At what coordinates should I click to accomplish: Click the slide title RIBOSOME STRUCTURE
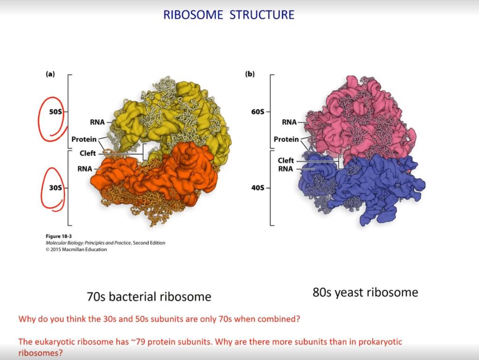coord(229,15)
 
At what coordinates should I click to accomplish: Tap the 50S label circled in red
coord(55,112)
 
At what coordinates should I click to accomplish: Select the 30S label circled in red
coord(55,188)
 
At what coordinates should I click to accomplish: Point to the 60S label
coord(258,112)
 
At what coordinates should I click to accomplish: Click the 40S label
coord(258,188)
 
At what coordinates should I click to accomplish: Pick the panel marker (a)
coord(50,74)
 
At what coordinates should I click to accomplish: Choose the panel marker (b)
coord(250,74)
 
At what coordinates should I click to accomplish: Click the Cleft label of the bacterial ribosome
coord(87,153)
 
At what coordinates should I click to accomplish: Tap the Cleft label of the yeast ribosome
coord(286,161)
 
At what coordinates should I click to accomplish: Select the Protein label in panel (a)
coord(84,140)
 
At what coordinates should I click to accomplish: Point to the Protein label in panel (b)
coord(286,140)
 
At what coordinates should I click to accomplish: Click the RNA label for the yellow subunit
coord(97,122)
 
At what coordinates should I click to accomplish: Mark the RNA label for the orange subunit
coord(85,169)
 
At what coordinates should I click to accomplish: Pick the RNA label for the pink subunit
coord(289,122)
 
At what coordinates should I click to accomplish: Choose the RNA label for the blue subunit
coord(285,169)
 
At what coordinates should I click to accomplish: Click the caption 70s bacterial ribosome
coord(149,297)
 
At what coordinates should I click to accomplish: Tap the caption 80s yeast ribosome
coord(365,293)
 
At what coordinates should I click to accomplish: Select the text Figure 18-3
coord(58,236)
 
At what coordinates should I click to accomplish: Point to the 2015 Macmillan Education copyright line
coord(76,250)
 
